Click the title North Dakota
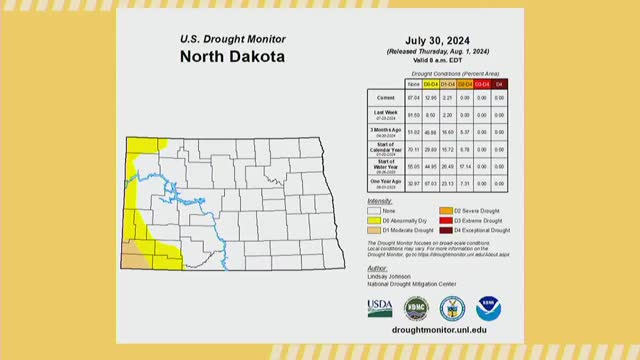point(232,56)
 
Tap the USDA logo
point(380,307)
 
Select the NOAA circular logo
point(488,307)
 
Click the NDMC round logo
point(415,307)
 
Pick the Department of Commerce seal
point(452,307)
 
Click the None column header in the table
point(413,83)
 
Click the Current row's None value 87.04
point(413,96)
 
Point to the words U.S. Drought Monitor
point(232,38)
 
